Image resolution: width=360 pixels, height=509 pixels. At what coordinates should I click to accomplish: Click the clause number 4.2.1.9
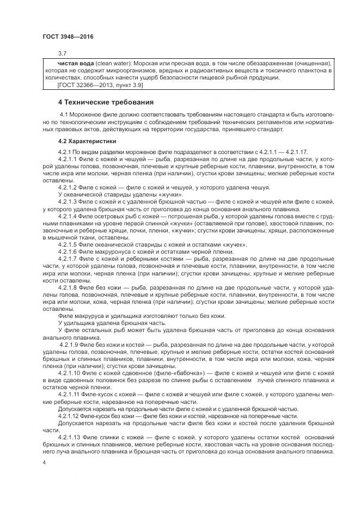point(70,345)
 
